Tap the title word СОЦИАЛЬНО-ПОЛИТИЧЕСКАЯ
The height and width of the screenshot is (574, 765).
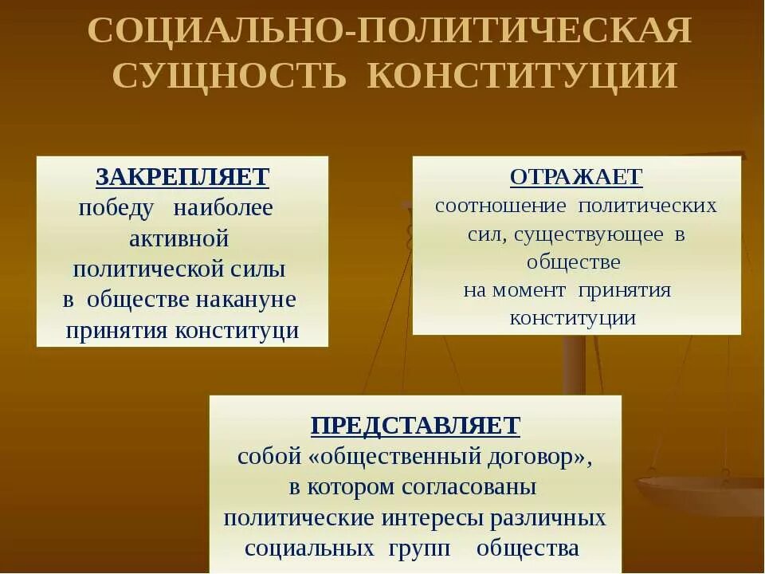coord(390,33)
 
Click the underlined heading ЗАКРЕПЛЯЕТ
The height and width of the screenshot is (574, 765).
coord(182,176)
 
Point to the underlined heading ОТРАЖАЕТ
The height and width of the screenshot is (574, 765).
coord(576,176)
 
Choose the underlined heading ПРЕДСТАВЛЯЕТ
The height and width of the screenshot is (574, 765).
coord(415,425)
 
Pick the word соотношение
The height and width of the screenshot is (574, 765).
coord(500,206)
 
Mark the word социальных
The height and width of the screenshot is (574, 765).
coord(310,548)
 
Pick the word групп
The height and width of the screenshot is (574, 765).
coord(419,548)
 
